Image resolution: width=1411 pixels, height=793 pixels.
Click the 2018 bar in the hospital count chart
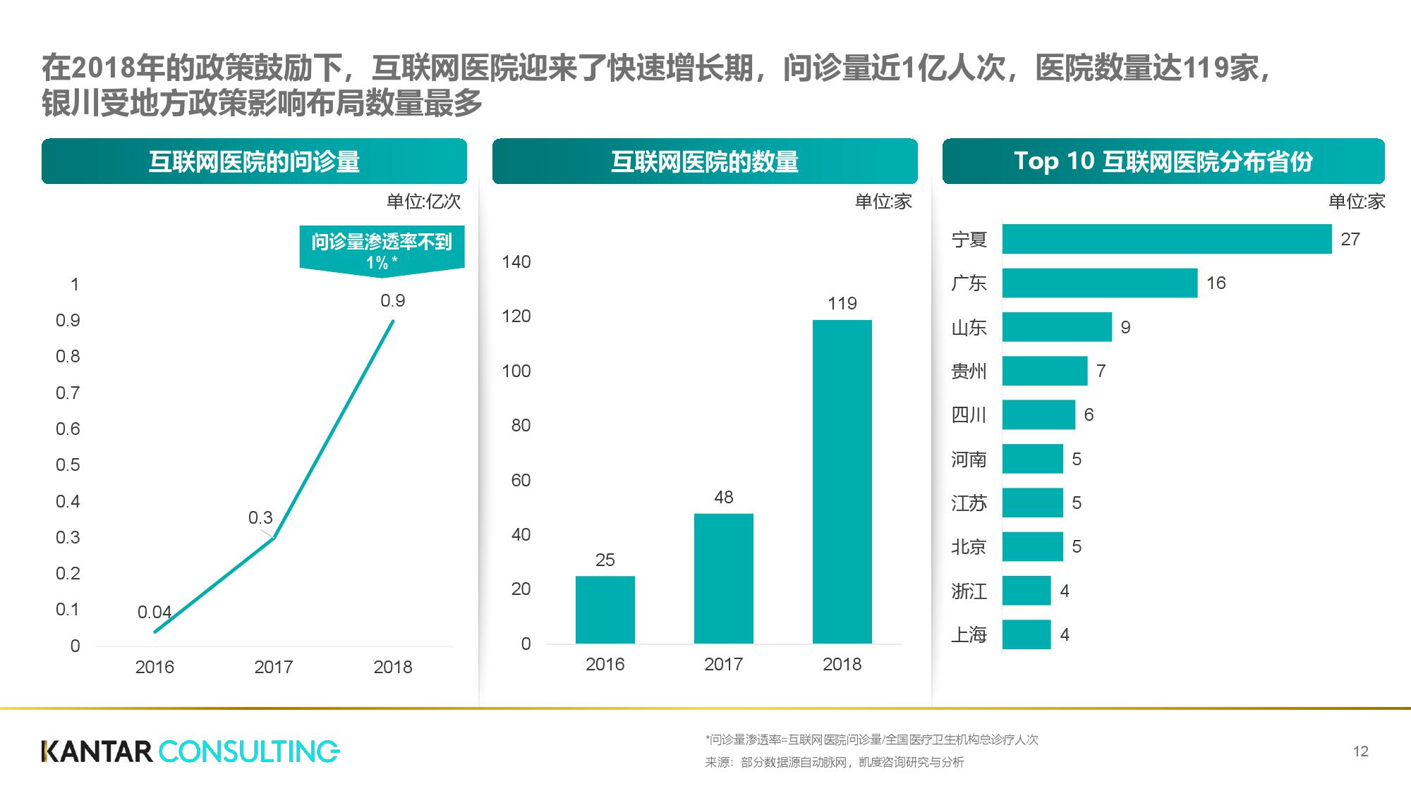point(842,481)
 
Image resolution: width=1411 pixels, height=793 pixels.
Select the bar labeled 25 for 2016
point(605,609)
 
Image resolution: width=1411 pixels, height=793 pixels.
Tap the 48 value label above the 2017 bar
point(723,497)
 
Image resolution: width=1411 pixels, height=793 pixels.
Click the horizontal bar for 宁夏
point(1166,239)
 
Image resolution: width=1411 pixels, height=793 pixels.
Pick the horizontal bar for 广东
point(1099,283)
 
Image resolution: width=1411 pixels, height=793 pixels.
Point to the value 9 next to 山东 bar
point(1125,327)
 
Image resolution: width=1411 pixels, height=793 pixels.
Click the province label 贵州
point(969,371)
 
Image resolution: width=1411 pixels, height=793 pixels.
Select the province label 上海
point(969,634)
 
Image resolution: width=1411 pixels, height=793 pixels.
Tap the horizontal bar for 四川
point(1038,414)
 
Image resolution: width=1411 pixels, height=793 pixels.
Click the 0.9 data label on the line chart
point(392,301)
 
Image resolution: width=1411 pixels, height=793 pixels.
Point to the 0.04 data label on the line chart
point(154,612)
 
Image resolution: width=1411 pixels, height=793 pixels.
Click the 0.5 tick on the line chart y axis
point(68,465)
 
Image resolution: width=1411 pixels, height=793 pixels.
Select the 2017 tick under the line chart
point(273,667)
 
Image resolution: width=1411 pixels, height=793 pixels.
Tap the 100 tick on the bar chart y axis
point(516,371)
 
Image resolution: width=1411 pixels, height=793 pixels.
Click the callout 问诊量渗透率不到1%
point(382,250)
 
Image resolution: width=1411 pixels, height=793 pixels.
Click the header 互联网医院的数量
point(704,161)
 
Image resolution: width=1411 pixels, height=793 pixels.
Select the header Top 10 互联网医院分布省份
point(1163,161)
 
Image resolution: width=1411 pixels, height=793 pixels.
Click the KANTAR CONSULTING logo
point(190,751)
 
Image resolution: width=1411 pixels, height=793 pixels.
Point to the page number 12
point(1360,751)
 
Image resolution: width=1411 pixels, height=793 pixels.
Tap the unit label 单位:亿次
point(423,202)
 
